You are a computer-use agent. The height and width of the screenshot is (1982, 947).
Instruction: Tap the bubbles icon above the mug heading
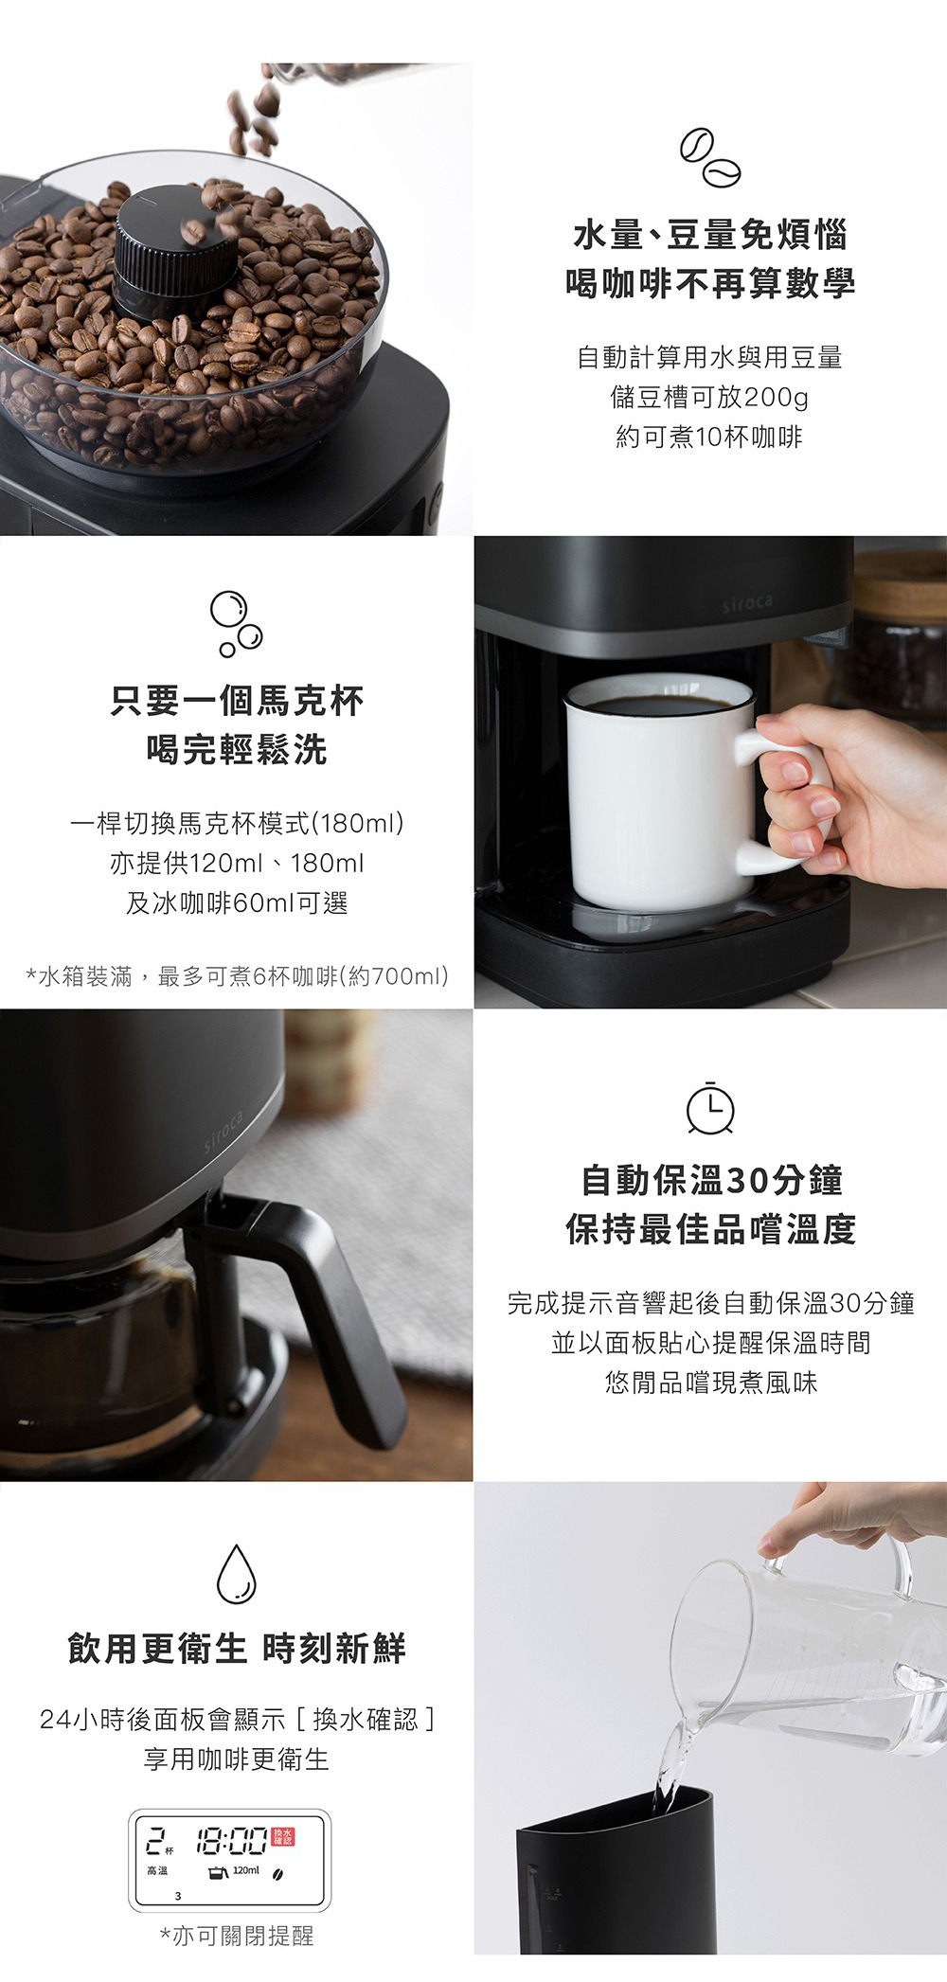point(236,624)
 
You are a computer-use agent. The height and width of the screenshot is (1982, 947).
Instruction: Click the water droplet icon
point(237,1573)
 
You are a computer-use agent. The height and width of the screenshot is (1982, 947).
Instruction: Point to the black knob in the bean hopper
point(175,251)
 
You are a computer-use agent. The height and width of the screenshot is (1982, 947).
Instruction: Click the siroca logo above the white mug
point(746,603)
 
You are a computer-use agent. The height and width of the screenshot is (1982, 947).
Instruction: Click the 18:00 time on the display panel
point(232,1842)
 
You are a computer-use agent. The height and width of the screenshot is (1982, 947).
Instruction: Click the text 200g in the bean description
point(777,398)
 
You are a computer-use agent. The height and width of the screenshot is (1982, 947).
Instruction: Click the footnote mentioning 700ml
point(237,976)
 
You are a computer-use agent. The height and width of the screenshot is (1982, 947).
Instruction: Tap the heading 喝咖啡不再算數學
point(710,283)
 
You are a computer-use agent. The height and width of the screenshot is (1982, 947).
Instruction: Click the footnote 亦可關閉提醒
point(237,1936)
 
